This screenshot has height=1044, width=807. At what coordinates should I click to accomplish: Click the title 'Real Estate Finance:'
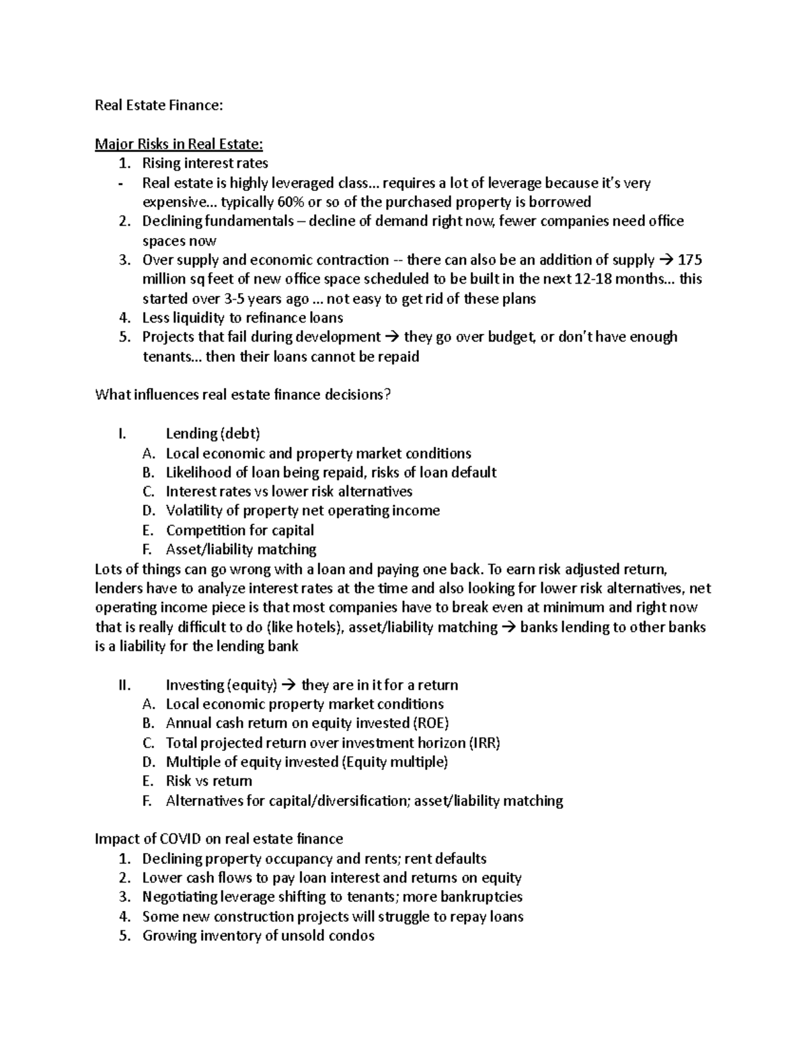159,105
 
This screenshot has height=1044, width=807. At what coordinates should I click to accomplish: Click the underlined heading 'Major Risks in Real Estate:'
179,144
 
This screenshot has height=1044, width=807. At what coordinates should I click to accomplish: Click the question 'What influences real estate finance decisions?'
243,395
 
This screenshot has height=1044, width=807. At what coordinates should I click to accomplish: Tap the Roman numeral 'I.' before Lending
121,434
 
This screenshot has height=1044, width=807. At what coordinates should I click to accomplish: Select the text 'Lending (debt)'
213,434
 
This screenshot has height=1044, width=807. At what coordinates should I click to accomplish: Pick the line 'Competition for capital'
240,530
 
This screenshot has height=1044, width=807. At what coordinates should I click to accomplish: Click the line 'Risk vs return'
209,781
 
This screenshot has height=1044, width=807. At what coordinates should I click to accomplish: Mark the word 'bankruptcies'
482,897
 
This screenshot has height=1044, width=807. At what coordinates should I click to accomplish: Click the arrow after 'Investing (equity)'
289,686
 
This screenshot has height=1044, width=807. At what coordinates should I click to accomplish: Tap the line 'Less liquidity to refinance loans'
243,318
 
